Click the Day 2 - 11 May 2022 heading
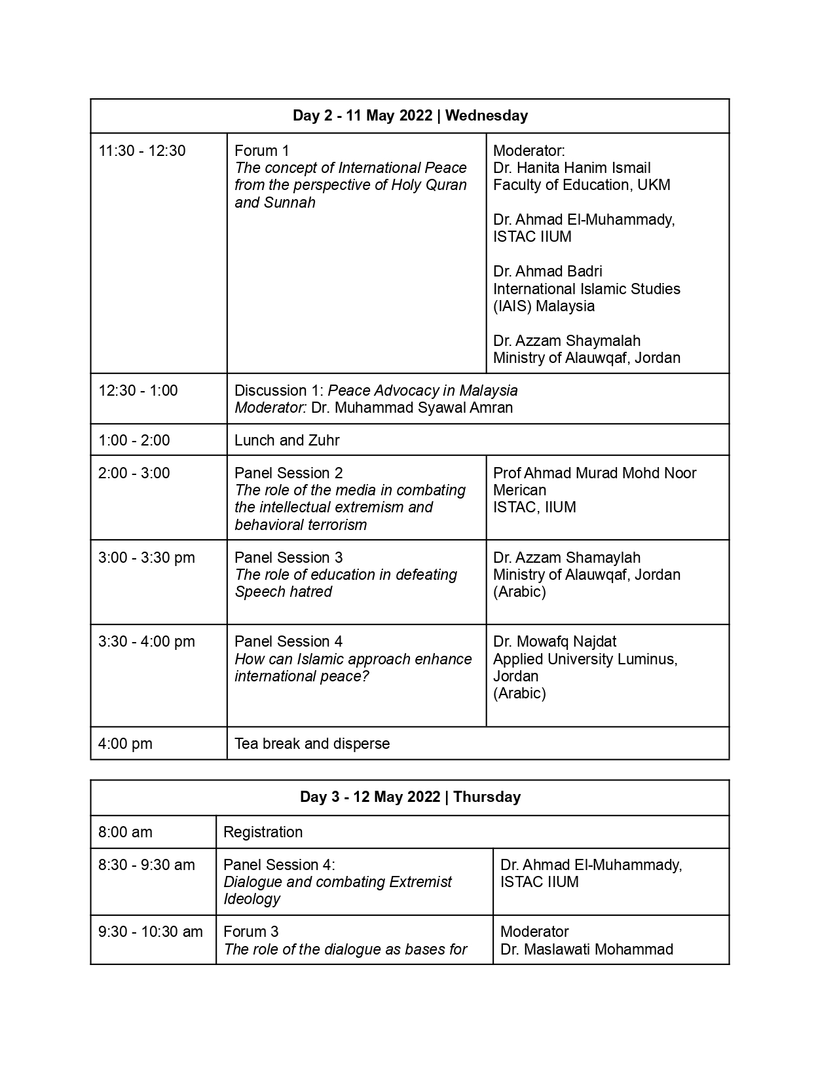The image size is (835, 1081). [410, 116]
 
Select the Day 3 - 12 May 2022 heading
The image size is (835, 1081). [410, 797]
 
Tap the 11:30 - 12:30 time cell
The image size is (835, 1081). [142, 151]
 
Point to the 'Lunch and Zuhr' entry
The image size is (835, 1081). [287, 440]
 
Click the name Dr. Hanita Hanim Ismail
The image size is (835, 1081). [572, 168]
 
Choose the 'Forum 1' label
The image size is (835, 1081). [262, 151]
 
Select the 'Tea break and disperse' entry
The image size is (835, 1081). [312, 744]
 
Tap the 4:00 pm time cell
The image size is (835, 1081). [125, 744]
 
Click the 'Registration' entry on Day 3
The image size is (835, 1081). [263, 832]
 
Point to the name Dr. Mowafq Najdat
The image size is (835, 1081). [555, 642]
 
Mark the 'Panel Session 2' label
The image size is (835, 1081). [289, 473]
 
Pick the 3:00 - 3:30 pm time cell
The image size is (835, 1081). [147, 558]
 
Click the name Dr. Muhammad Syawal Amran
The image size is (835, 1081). [412, 408]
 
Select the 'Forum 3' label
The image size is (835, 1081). [251, 932]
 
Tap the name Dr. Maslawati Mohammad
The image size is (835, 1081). [587, 949]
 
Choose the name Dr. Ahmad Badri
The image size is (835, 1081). [547, 272]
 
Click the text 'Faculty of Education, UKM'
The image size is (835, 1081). [582, 185]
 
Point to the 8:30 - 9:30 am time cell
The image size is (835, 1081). [147, 865]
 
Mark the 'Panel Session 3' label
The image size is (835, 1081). [289, 558]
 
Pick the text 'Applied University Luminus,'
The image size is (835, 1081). [585, 659]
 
